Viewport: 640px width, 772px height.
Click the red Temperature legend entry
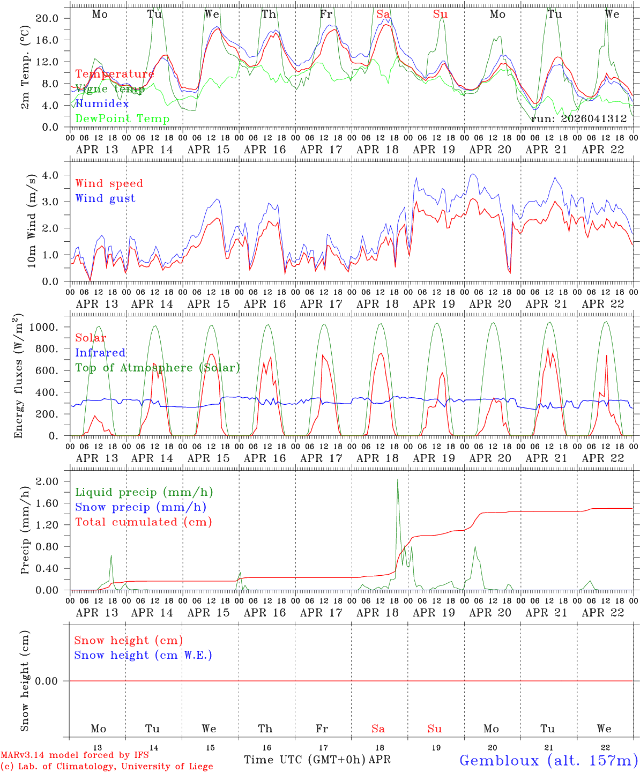(x=114, y=74)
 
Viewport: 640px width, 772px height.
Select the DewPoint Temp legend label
(x=122, y=119)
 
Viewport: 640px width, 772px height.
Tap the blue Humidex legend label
(x=102, y=104)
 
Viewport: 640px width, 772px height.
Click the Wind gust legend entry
(x=105, y=198)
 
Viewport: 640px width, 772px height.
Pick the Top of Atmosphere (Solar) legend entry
(x=157, y=368)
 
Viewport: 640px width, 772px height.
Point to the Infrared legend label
(x=100, y=353)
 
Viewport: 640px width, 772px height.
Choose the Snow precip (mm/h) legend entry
(x=140, y=507)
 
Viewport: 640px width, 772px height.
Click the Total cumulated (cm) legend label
(x=143, y=522)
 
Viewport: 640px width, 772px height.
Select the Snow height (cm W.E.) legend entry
(x=143, y=655)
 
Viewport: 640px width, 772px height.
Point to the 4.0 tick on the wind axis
(x=53, y=175)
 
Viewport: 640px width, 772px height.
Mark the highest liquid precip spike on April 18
(x=397, y=479)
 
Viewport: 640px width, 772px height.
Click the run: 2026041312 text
(x=578, y=119)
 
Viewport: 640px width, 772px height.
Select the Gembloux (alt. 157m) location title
(x=548, y=760)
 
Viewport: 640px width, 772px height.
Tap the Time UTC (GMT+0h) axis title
(x=304, y=760)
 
